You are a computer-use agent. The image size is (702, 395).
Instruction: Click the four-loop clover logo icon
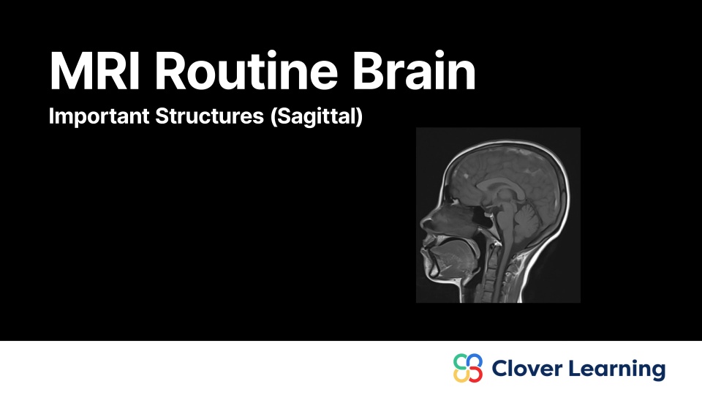point(468,368)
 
